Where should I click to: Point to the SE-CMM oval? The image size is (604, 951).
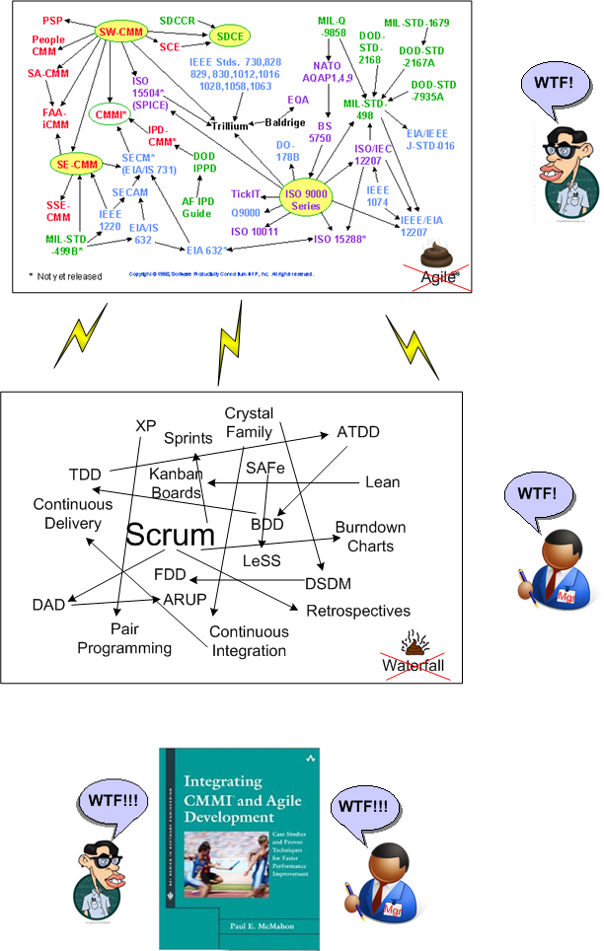click(x=78, y=164)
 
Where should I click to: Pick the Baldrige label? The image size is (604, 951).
click(x=285, y=122)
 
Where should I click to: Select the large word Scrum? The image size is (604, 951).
click(x=171, y=536)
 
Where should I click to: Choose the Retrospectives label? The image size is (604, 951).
click(x=357, y=611)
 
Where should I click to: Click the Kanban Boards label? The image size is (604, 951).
click(x=177, y=483)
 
